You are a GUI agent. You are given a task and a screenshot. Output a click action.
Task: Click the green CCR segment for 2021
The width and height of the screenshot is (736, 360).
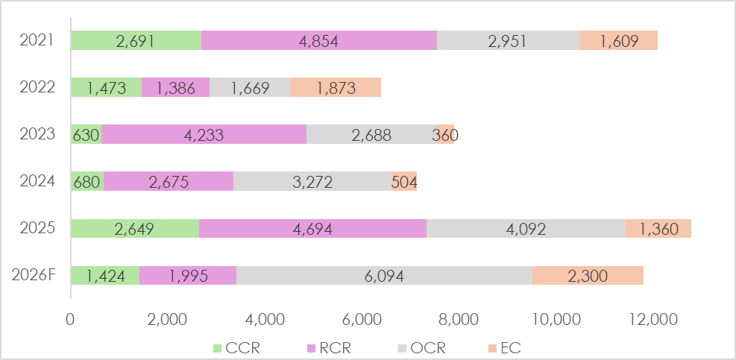coord(136,41)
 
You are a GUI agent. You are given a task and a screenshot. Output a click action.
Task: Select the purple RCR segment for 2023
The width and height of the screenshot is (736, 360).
coord(204,135)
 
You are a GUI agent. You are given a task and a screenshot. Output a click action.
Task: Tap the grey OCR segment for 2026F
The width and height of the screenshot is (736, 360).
coord(384,276)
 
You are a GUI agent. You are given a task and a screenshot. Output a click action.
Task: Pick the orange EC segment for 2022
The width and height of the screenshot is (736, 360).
coord(336,88)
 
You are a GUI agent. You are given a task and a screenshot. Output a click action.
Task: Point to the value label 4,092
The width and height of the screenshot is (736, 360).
coord(526,229)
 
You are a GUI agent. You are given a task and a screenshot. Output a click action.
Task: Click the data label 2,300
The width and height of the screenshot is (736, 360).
coord(588,276)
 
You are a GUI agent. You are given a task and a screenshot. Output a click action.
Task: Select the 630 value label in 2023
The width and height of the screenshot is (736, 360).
coord(86,135)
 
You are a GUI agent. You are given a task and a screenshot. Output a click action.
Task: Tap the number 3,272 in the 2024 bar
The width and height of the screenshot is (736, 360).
coord(312,182)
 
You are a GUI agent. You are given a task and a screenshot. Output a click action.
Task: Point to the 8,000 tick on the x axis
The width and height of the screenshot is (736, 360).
coord(459,320)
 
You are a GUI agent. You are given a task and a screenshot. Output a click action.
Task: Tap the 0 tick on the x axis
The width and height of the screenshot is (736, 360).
coord(71,320)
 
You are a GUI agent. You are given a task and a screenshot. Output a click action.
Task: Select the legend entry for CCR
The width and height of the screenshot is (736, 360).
coord(237,347)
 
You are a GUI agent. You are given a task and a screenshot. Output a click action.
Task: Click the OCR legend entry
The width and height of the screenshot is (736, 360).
coord(421,347)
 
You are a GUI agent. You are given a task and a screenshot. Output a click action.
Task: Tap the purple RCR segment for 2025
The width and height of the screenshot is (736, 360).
coord(312,229)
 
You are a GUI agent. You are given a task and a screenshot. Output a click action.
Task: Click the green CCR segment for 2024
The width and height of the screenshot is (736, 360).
coord(87,182)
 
